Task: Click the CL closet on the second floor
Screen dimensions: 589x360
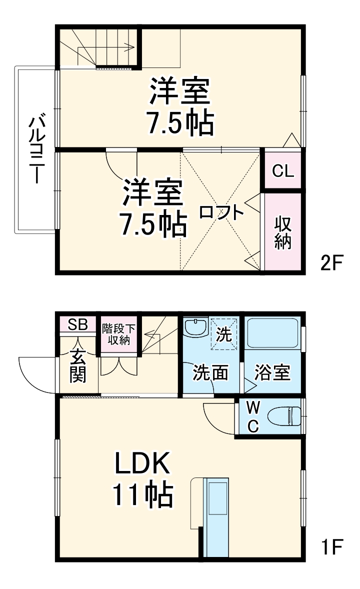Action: (282, 170)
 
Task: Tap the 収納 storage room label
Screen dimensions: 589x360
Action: (282, 232)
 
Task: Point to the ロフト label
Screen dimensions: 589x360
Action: (221, 212)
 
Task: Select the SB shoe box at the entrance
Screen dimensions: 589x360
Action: (78, 324)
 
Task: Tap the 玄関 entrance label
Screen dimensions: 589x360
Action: (77, 367)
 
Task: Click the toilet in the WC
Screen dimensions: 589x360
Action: (283, 415)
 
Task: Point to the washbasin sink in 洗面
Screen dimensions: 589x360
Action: (195, 328)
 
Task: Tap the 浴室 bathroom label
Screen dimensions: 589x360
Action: (272, 373)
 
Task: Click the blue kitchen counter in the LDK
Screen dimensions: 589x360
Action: (217, 515)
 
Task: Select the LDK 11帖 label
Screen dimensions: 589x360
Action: (142, 480)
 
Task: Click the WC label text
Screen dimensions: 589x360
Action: (253, 417)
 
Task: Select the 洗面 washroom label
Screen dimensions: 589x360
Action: (211, 373)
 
